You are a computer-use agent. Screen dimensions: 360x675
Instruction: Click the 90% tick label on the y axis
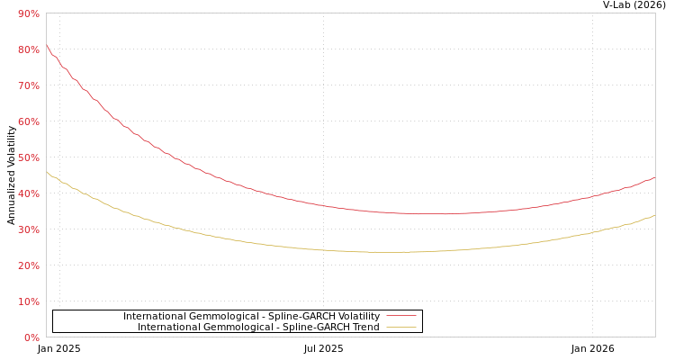(x=28, y=13)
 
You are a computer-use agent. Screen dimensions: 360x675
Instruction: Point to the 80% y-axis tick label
(x=28, y=49)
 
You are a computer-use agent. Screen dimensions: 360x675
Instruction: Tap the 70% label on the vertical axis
(x=28, y=85)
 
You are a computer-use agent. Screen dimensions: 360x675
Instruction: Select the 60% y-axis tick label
(x=28, y=121)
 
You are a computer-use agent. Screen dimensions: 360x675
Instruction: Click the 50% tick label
(x=28, y=157)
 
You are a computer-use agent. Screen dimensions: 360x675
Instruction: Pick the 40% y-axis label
(x=28, y=193)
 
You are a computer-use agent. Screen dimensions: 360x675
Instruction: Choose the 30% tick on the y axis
(x=28, y=229)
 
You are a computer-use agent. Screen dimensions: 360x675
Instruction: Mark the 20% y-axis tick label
(x=28, y=265)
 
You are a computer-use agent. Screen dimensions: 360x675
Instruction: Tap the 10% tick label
(x=28, y=301)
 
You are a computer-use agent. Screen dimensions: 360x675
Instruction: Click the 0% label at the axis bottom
(x=31, y=337)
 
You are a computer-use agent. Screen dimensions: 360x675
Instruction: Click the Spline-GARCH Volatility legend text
(x=251, y=317)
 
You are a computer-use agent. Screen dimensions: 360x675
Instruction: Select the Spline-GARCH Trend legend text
(x=258, y=328)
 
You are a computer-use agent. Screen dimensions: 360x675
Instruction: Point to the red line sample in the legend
(x=400, y=317)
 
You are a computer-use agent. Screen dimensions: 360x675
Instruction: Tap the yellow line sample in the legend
(x=400, y=328)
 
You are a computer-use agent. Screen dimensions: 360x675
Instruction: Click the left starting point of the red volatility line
(x=47, y=46)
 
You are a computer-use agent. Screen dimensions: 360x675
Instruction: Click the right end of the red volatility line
(x=654, y=177)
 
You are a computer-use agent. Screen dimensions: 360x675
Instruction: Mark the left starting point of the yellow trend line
(x=47, y=172)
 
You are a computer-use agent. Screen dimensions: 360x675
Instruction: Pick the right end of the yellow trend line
(x=654, y=216)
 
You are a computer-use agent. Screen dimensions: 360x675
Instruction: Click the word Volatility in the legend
(x=356, y=317)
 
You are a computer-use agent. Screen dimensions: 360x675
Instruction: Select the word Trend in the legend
(x=364, y=328)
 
